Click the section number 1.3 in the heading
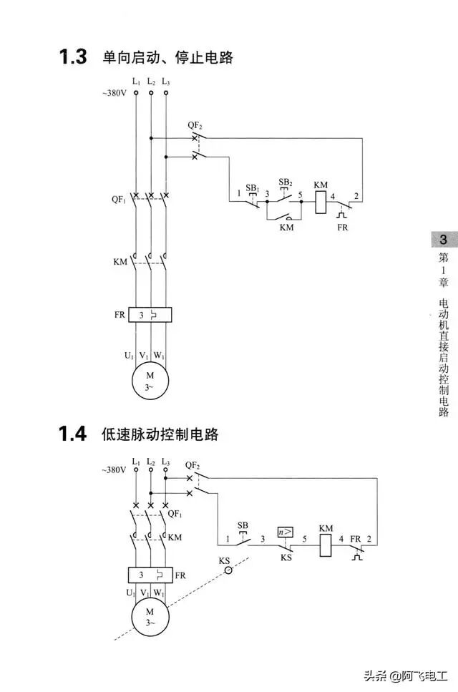pos(73,56)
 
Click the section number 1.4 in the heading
pos(73,434)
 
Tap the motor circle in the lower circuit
pos(150,617)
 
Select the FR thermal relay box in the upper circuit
pos(151,314)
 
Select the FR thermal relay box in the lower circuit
pos(150,575)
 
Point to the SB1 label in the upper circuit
pos(252,187)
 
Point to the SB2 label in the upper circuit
pos(285,182)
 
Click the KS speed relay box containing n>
pos(286,532)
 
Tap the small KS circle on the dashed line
pos(229,570)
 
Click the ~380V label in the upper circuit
pos(115,94)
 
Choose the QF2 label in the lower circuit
pos(193,464)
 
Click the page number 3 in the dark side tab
pos(444,240)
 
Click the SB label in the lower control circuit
pos(243,525)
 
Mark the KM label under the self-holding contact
pos(286,228)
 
